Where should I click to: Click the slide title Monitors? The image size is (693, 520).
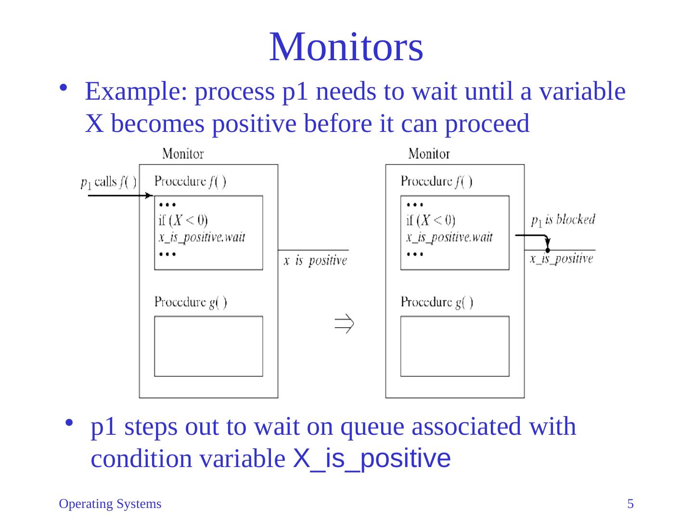tap(346, 47)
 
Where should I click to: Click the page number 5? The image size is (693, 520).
tap(630, 504)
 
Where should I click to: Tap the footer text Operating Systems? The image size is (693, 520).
tap(110, 504)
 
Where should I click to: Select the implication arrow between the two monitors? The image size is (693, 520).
tap(345, 324)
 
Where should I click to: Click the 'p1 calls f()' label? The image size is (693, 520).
tap(108, 183)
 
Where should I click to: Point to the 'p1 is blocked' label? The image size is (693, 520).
tap(563, 220)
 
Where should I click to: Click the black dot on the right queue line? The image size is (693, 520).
tap(548, 250)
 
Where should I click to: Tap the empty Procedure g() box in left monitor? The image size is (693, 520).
tap(208, 346)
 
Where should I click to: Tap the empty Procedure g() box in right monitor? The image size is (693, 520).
tap(455, 346)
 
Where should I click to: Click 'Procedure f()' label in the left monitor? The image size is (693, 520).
tap(191, 182)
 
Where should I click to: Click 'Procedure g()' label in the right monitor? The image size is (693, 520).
tap(437, 302)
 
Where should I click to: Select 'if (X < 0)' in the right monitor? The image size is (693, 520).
tap(431, 221)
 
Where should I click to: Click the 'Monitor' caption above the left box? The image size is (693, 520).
tap(183, 154)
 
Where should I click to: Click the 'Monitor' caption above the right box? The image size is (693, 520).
tap(429, 154)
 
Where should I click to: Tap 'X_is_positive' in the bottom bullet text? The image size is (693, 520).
tap(372, 458)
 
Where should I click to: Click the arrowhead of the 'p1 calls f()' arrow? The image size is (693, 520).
tap(150, 196)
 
